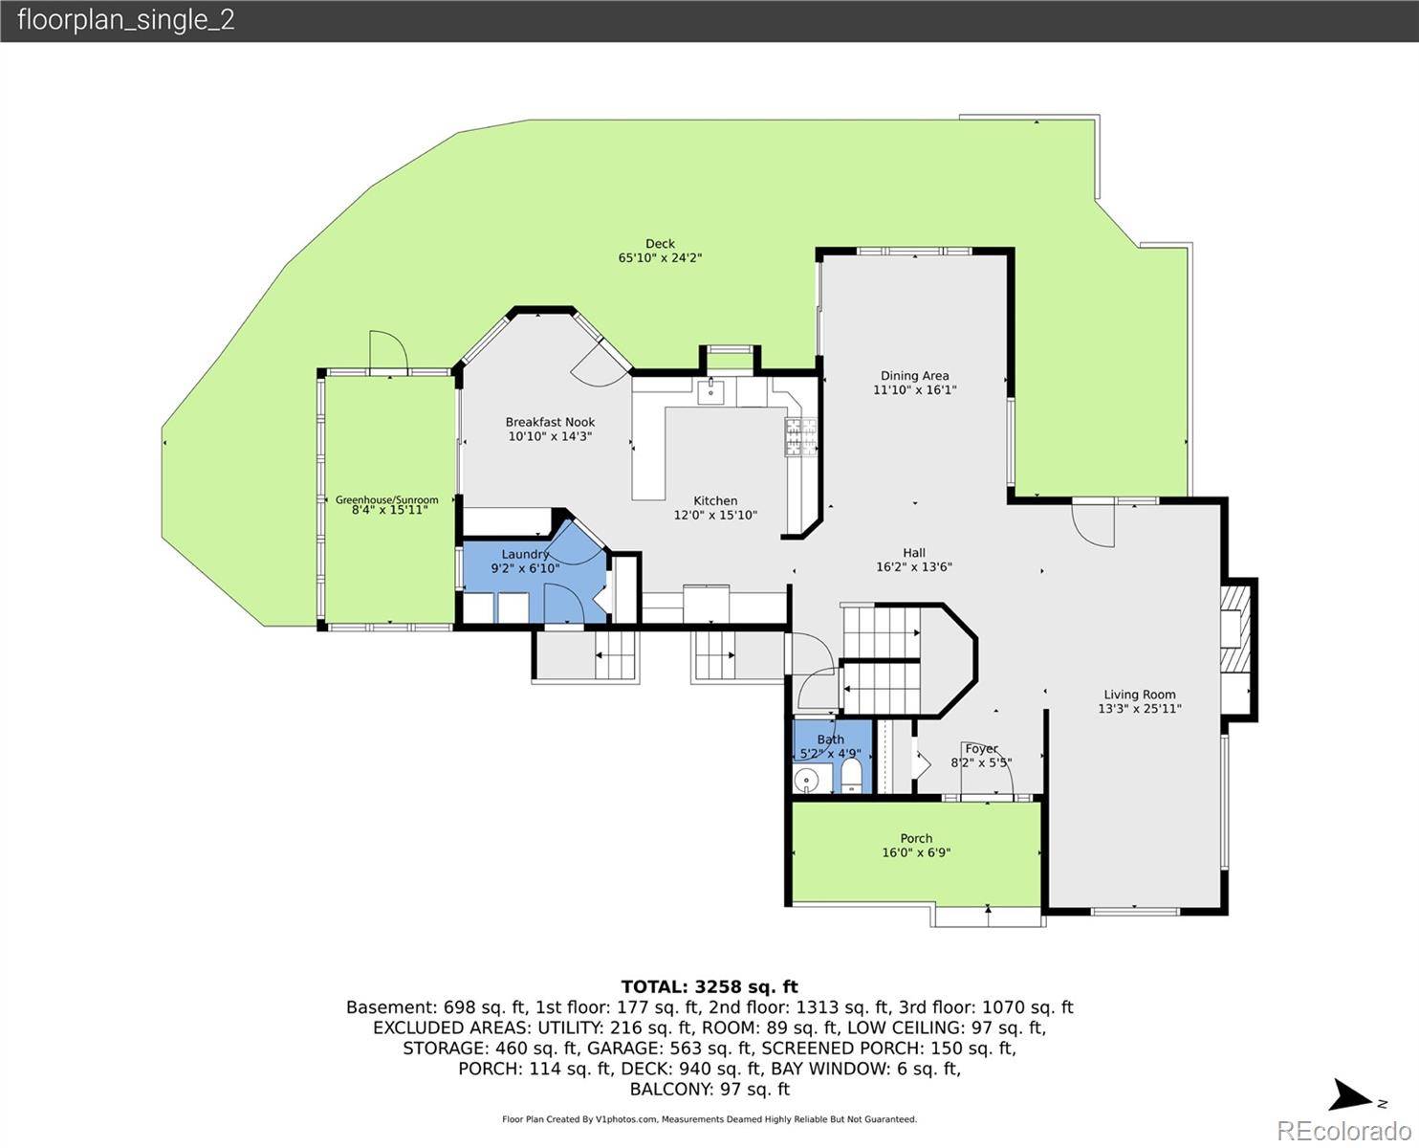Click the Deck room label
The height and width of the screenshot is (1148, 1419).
(660, 244)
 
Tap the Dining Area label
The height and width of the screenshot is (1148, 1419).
(914, 376)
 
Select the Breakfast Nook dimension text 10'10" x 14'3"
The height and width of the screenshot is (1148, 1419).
(550, 436)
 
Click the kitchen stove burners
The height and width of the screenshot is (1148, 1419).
(800, 437)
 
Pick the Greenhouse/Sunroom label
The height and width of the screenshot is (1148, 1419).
(386, 499)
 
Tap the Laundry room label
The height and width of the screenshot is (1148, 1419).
(525, 554)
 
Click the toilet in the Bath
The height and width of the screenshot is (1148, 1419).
(851, 777)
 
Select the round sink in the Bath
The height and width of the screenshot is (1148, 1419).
(807, 779)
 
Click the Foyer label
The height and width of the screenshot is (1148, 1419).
(981, 749)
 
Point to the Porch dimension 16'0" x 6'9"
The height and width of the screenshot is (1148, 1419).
(916, 852)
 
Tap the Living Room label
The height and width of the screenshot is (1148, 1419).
(1139, 695)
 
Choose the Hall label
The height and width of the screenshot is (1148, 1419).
(914, 552)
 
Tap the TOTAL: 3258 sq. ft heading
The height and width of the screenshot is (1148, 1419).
(709, 986)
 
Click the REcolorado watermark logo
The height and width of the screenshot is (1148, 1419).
(1343, 1131)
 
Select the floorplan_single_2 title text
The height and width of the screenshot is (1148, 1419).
(126, 20)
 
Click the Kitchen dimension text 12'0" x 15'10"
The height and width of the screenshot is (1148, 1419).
(715, 515)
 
